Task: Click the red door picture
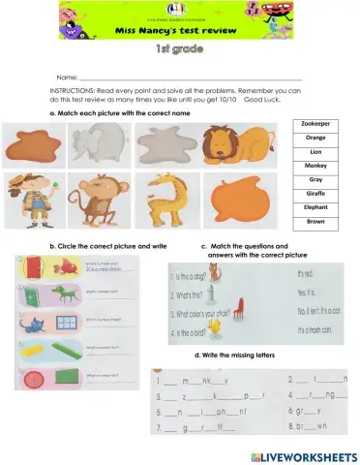click(x=33, y=265)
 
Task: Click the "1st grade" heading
click(x=179, y=49)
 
